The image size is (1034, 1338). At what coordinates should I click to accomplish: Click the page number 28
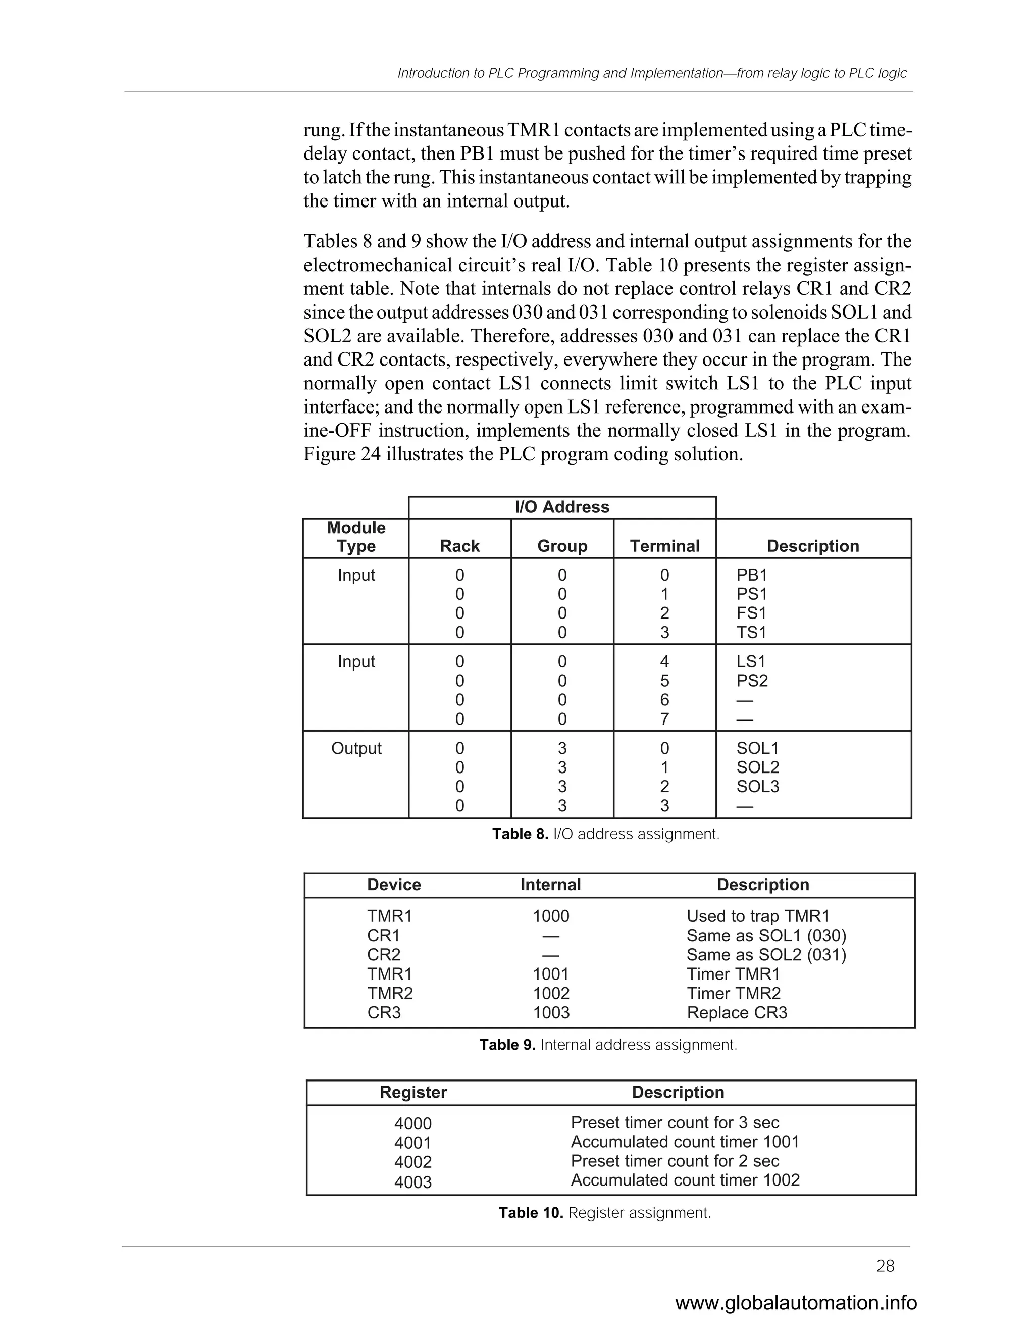point(885,1266)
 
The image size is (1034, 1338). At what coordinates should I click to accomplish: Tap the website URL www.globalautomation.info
point(796,1303)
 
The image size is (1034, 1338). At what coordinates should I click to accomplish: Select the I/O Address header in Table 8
point(562,507)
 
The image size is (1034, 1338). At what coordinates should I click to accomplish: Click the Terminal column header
point(664,546)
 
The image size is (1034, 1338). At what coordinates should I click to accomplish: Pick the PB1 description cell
point(752,575)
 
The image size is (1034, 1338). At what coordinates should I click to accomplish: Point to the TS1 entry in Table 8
point(752,632)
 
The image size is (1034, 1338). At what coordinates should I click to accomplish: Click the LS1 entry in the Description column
point(751,661)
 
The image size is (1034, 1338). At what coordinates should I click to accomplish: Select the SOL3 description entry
point(757,787)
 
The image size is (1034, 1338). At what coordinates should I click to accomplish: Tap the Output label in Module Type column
point(356,748)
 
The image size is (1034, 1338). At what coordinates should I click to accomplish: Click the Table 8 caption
point(606,834)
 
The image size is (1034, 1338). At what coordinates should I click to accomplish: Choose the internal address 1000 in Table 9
point(551,916)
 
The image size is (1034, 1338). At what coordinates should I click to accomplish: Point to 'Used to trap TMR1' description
point(758,916)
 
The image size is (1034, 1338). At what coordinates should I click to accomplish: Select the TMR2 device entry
point(390,993)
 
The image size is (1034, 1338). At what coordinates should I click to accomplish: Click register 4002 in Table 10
point(413,1162)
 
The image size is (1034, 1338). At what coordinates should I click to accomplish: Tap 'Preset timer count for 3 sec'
point(675,1122)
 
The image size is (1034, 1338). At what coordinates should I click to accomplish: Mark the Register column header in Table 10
point(413,1092)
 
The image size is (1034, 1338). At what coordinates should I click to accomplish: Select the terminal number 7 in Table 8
point(664,718)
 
